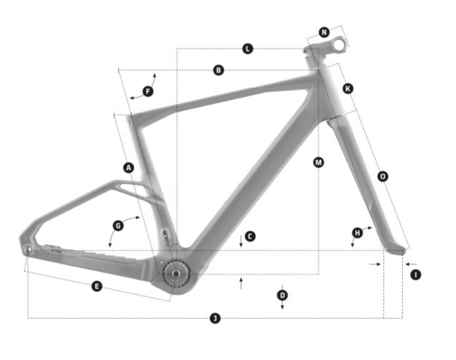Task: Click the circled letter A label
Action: click(129, 168)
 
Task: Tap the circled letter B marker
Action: click(219, 70)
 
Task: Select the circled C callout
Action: click(250, 236)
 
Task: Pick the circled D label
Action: click(282, 296)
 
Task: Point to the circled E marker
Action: click(97, 286)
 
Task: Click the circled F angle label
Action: click(148, 92)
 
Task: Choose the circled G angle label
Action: click(118, 226)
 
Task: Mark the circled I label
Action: click(416, 275)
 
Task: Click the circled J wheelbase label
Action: click(215, 318)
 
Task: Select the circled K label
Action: click(348, 88)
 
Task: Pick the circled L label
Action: click(247, 49)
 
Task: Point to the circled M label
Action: click(319, 162)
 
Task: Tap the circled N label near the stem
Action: click(324, 32)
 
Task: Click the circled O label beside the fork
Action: click(383, 176)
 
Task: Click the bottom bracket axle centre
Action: click(176, 274)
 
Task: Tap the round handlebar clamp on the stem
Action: click(339, 45)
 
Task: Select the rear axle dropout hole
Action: click(28, 250)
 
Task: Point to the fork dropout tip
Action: click(403, 251)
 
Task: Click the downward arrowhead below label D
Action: click(282, 307)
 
